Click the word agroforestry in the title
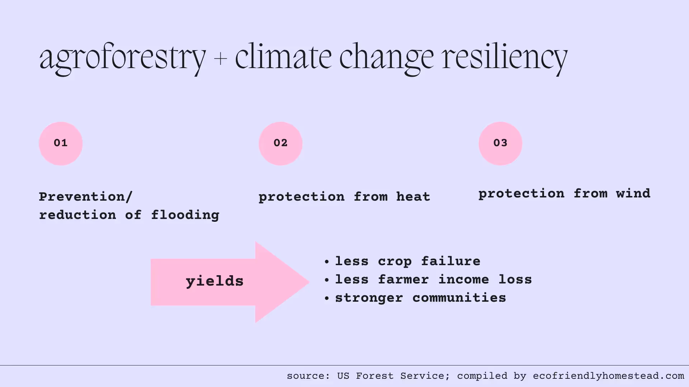tap(122, 57)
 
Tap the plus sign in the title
tap(220, 58)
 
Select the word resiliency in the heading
tap(504, 57)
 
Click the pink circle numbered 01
tap(61, 143)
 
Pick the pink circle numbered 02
tap(280, 143)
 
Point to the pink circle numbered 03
tap(500, 143)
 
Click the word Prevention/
tap(86, 197)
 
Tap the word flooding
tap(185, 215)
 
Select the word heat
tap(413, 197)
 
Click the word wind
tap(633, 193)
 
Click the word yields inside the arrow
tap(215, 281)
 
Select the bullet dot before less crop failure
tap(327, 262)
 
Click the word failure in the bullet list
tap(451, 261)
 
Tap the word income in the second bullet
tap(464, 279)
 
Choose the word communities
tap(459, 298)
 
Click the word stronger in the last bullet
tap(369, 298)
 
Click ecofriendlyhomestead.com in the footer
tap(608, 376)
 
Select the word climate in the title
tap(283, 57)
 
